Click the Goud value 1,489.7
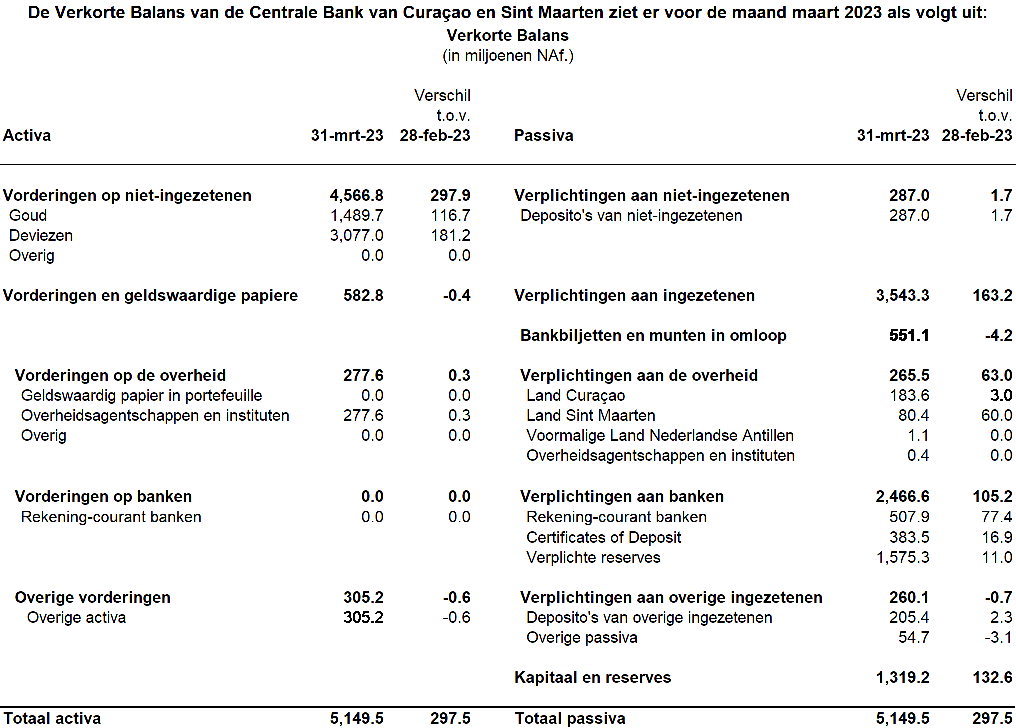pos(356,215)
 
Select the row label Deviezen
pos(41,235)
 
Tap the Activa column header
pos(27,135)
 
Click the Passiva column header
pos(543,135)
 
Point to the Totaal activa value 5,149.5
pos(356,718)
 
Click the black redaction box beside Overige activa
pos(343,617)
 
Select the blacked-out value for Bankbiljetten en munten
pos(890,335)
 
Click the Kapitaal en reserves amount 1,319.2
pos(902,677)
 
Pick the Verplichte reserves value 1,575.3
pos(902,557)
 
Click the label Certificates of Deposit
pos(603,537)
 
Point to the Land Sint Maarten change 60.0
pos(996,415)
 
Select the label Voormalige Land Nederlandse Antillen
pos(660,435)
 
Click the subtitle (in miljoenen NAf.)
pos(508,55)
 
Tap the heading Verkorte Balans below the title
pos(508,35)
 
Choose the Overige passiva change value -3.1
pos(998,637)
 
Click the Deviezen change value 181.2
pos(450,235)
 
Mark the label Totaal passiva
pos(570,718)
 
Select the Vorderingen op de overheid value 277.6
pos(363,375)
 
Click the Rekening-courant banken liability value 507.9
pos(909,517)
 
